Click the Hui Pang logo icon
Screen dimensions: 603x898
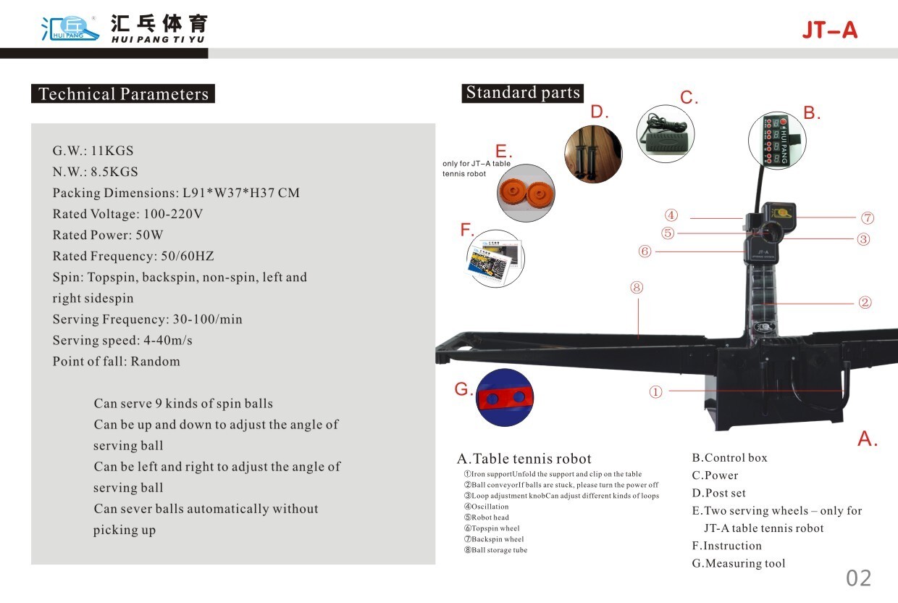pos(70,27)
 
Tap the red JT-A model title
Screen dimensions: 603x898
pos(829,30)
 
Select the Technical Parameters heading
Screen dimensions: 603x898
pos(123,94)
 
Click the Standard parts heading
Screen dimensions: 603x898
pos(522,93)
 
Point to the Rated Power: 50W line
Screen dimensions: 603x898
pos(108,235)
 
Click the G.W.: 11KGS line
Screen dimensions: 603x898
pos(93,151)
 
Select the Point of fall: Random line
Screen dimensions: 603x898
pos(116,361)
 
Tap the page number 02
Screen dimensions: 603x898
pos(859,578)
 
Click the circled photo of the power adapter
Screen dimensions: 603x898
pos(665,133)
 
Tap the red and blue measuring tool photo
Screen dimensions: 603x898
pos(505,397)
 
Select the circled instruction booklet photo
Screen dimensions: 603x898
pos(495,258)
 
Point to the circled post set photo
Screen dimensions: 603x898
pos(593,154)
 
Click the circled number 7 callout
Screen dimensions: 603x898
pos(868,217)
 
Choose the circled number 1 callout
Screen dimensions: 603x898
pos(655,392)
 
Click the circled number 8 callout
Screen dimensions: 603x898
pos(637,288)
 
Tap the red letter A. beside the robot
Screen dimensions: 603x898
pos(868,438)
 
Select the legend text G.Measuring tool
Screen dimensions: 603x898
pos(738,563)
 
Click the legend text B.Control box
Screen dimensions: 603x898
pos(729,457)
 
